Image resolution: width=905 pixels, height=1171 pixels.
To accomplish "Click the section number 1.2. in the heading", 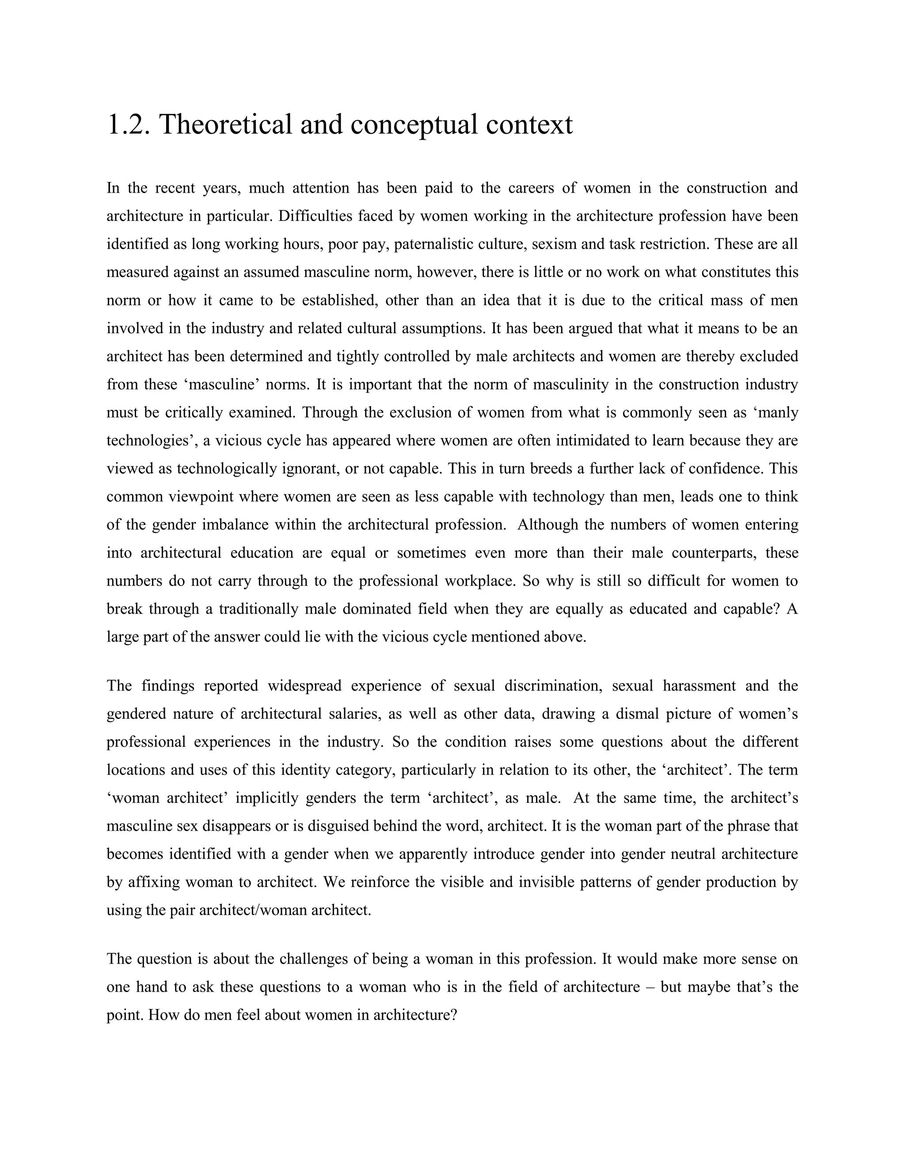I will [129, 125].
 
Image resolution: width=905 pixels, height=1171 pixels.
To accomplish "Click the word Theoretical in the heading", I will [224, 125].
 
